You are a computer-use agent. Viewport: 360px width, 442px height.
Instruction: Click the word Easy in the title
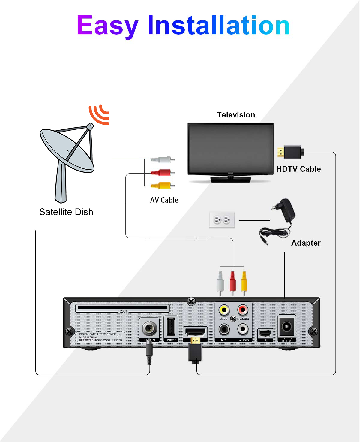point(107,26)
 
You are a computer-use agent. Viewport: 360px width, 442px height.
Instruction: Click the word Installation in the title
point(218,26)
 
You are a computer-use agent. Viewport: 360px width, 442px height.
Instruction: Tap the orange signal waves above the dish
point(99,114)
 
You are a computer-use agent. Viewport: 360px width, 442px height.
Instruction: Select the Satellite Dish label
point(66,212)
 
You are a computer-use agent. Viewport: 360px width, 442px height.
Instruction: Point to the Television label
point(236,115)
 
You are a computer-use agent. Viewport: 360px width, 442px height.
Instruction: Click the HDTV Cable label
point(298,169)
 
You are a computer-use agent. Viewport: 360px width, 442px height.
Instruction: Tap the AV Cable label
point(164,200)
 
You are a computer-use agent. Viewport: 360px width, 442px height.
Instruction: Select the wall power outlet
point(222,220)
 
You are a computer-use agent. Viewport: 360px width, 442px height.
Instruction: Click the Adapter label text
point(306,243)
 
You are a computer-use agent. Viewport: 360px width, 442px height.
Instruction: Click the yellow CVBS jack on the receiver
point(224,310)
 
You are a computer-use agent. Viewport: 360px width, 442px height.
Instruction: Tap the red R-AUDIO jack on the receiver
point(243,310)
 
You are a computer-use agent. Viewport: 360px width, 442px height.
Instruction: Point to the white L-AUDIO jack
point(243,329)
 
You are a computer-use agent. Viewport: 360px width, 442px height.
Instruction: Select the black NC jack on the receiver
point(224,329)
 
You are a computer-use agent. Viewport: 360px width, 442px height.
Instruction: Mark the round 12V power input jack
point(287,326)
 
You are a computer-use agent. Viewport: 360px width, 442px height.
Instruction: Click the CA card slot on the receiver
point(122,308)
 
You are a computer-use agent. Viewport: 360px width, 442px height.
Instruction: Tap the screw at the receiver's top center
point(191,301)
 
